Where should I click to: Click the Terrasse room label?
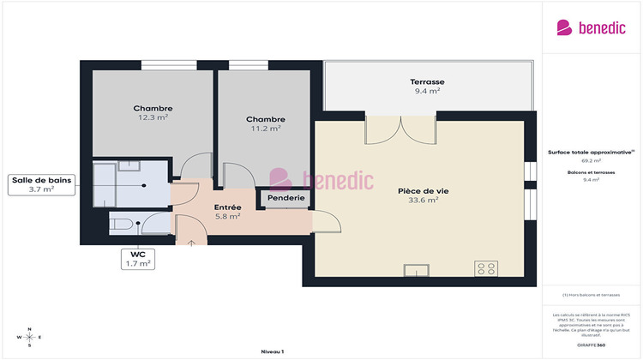(x=427, y=82)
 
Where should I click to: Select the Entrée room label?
(x=227, y=207)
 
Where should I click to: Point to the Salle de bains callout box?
(x=41, y=183)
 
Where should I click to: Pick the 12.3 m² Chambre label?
(x=153, y=108)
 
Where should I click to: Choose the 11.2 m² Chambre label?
(x=265, y=119)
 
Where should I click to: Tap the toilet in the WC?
(x=122, y=225)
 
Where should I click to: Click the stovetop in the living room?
(x=485, y=268)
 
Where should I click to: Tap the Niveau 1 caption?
(x=272, y=351)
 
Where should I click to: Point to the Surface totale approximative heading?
(x=590, y=153)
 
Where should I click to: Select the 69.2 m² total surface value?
(x=591, y=160)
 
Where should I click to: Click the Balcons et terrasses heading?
(x=591, y=172)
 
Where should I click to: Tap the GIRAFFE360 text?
(x=591, y=344)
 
